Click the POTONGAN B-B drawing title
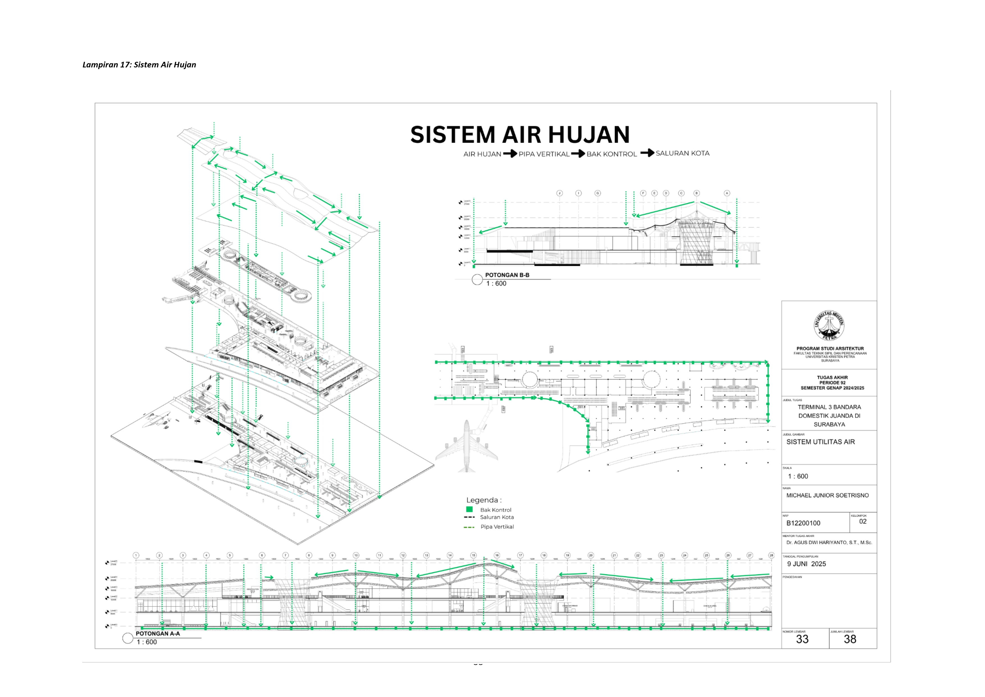click(x=507, y=275)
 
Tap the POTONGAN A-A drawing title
click(x=158, y=634)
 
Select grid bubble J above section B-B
click(x=559, y=193)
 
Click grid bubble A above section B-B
click(x=727, y=193)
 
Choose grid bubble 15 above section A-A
click(x=473, y=555)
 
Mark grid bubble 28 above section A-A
click(x=771, y=555)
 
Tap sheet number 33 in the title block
click(x=802, y=639)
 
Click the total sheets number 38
click(x=850, y=639)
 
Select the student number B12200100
click(x=803, y=523)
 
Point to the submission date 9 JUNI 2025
click(x=806, y=564)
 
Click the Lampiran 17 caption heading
click(x=139, y=65)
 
